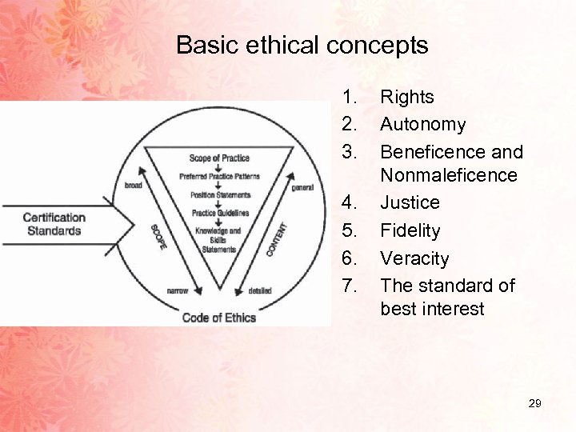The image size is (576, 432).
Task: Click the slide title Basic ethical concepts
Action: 302,45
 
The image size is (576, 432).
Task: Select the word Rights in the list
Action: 406,98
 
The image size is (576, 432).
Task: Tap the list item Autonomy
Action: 422,125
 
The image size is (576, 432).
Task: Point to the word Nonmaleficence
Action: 449,174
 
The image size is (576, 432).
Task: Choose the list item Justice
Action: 410,202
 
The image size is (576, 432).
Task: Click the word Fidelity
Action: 410,230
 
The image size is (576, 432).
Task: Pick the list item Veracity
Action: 414,258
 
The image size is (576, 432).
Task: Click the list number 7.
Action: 349,286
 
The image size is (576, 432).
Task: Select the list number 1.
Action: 349,98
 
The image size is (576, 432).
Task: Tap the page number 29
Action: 534,404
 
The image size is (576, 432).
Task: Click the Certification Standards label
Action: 54,224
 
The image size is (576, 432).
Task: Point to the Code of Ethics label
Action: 219,318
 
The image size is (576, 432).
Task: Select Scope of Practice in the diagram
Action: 218,158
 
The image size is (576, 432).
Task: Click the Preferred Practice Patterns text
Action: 219,176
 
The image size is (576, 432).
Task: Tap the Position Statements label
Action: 219,194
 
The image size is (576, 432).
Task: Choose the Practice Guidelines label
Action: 219,212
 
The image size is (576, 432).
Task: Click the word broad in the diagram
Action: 134,185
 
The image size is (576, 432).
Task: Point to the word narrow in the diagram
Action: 178,291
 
